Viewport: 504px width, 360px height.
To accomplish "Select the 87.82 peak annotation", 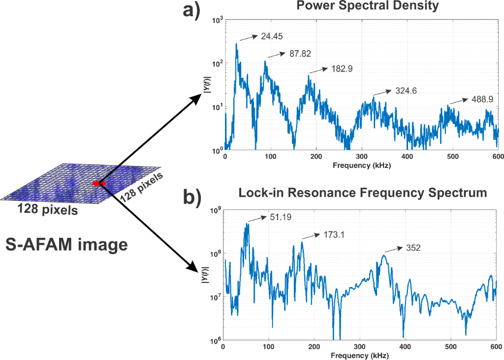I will tap(300, 54).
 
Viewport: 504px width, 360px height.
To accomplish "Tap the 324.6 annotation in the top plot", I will tap(406, 91).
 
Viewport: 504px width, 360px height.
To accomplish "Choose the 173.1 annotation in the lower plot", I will tap(333, 234).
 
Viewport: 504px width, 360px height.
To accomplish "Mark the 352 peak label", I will tap(413, 248).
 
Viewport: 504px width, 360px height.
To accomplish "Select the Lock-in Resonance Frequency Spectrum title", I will tap(362, 193).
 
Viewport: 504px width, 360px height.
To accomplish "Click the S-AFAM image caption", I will tap(67, 244).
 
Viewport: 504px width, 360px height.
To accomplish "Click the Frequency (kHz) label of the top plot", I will tap(361, 166).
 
